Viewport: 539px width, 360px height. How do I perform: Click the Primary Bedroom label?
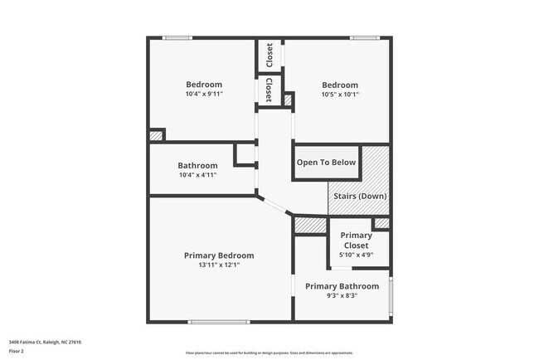[219, 255]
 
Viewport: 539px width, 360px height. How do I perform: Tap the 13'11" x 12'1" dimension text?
[219, 265]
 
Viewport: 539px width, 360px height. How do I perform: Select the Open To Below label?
[327, 163]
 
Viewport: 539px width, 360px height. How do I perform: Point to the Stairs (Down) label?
[360, 196]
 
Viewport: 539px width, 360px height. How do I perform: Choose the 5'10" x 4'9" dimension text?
[357, 255]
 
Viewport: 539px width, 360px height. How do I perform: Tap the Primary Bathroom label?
[342, 286]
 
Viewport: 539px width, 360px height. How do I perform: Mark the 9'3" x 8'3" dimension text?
[342, 295]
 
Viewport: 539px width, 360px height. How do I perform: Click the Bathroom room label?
[197, 166]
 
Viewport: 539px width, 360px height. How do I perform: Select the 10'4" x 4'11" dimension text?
[197, 175]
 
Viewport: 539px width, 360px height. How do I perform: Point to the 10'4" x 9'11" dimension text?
[204, 94]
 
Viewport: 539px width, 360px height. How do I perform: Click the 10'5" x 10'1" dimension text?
[340, 95]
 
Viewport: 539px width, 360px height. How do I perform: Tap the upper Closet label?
[269, 56]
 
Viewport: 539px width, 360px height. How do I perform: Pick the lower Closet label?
[269, 90]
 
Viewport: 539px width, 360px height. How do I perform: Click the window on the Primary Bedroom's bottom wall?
[219, 322]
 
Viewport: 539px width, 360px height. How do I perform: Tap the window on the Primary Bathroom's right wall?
[391, 294]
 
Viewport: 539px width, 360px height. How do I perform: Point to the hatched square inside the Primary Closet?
[381, 223]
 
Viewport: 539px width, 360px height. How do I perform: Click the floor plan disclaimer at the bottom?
[269, 353]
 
